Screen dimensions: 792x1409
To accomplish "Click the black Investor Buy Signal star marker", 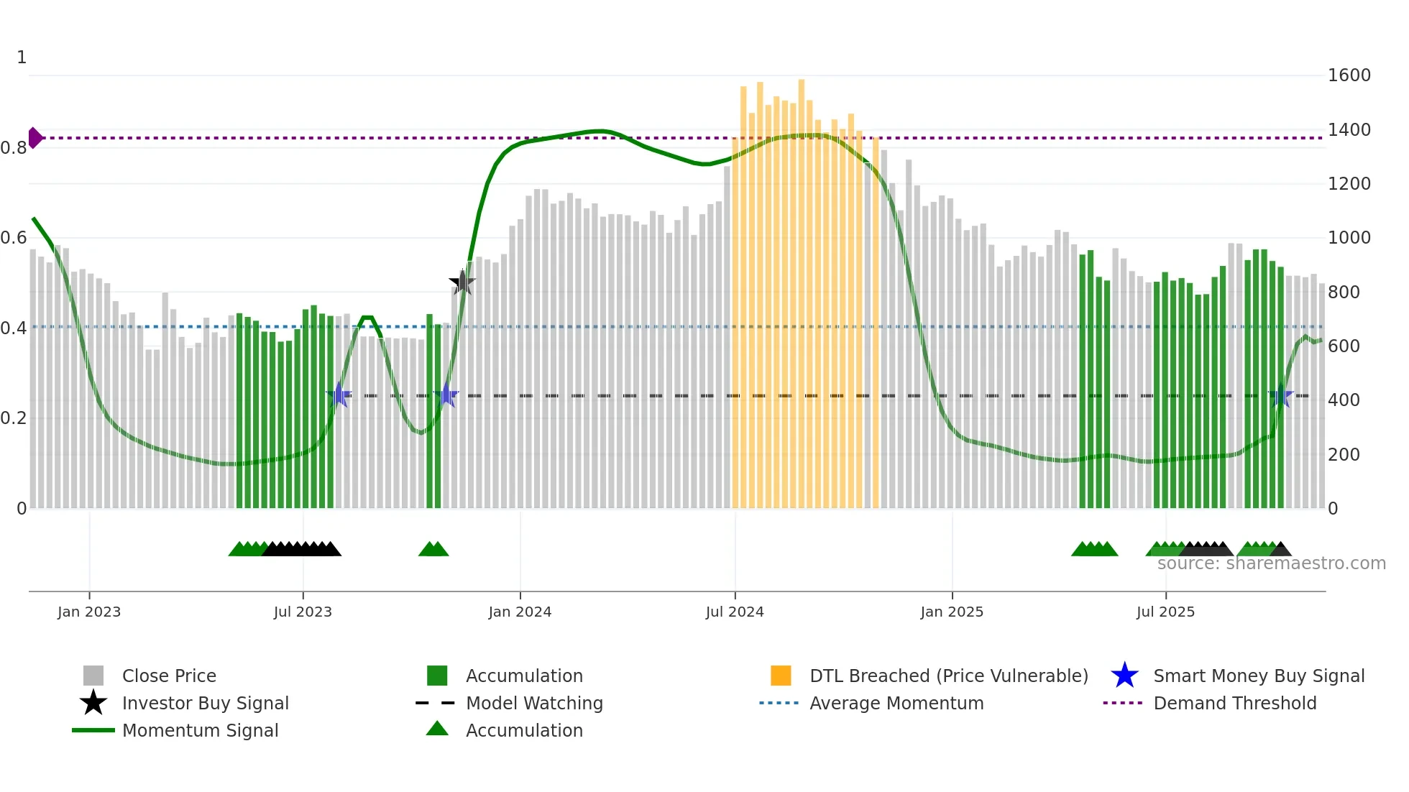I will tap(462, 282).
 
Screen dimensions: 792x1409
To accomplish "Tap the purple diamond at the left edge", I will tap(35, 137).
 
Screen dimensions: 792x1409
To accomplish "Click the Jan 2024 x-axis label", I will tap(520, 612).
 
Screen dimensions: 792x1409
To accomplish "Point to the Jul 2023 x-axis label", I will tap(303, 612).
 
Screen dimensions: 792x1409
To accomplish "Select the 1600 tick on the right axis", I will tap(1349, 75).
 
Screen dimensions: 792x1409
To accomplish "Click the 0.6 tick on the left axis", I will tap(13, 238).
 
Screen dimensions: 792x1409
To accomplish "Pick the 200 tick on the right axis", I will tap(1343, 455).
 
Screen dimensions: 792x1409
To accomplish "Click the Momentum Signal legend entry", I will tap(200, 730).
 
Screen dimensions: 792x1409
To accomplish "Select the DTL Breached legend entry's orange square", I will tap(780, 676).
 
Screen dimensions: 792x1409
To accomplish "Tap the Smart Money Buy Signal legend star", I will tap(1124, 676).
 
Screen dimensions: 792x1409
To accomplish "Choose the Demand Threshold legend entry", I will tap(1234, 703).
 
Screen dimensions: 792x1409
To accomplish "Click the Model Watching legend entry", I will tap(533, 703).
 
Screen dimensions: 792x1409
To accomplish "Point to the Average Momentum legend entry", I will tap(896, 703).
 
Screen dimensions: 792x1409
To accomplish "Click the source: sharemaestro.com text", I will tap(1271, 563).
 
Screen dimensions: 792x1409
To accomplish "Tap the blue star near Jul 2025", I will tap(1280, 396).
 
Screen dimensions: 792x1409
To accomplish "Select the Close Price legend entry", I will tap(168, 676).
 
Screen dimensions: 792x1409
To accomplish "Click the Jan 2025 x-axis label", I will tap(952, 612).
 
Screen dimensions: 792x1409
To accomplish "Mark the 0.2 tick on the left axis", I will tap(13, 418).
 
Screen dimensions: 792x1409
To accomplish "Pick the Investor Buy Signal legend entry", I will tap(205, 703).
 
